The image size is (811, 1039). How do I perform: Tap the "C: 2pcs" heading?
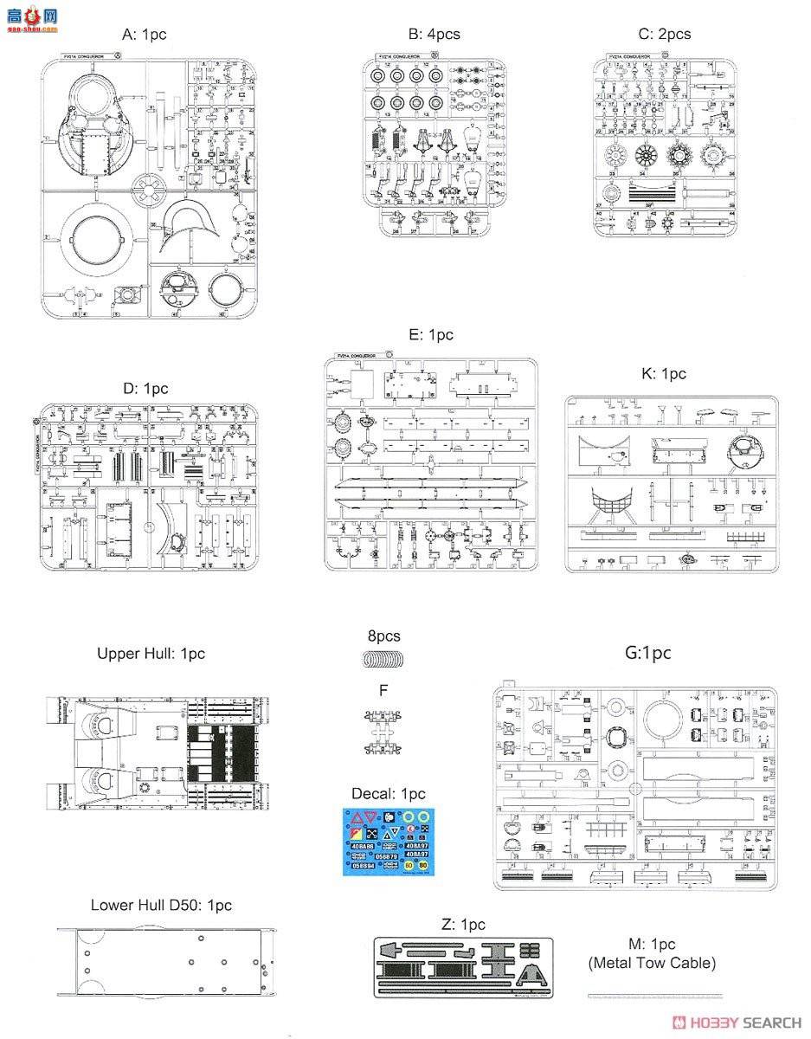[x=664, y=34]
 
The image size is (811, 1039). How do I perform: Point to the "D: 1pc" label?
[x=145, y=389]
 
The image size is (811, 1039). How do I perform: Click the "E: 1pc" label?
[x=429, y=335]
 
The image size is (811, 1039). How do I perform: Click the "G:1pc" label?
[x=647, y=653]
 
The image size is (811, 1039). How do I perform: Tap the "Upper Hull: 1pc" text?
[x=151, y=654]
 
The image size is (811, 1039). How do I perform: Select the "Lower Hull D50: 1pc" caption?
[x=161, y=905]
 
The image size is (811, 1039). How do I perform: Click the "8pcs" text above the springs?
[x=383, y=636]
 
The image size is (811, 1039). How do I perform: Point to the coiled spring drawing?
[x=382, y=660]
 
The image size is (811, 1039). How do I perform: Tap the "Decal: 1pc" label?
[x=389, y=793]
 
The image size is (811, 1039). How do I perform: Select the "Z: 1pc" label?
[x=463, y=924]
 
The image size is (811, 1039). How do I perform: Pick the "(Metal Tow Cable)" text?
[x=652, y=962]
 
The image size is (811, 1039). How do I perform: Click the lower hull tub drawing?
[x=167, y=961]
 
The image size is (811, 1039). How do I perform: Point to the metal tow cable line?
[x=653, y=995]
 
